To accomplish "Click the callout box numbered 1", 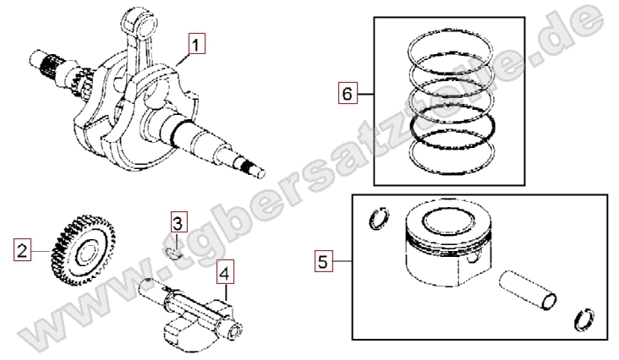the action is (196, 43).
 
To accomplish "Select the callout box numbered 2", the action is (22, 249).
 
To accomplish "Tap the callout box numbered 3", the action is (178, 223).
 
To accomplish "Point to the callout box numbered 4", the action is (225, 272).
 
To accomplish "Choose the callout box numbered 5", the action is (323, 260).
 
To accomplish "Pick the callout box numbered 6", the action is (348, 94).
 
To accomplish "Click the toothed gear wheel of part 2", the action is (83, 250).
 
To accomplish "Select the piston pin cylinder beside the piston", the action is (528, 291).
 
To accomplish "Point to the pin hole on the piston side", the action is (473, 259).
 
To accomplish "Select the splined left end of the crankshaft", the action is (47, 65).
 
